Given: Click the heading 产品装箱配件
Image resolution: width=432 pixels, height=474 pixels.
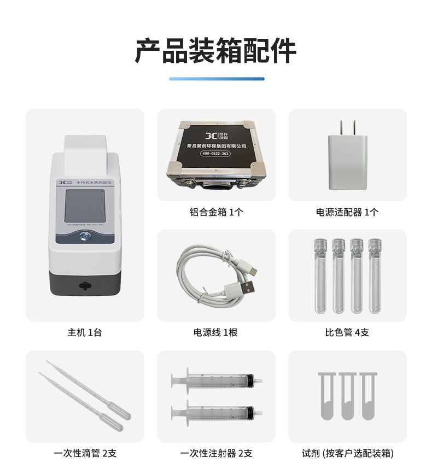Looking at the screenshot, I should tap(216, 51).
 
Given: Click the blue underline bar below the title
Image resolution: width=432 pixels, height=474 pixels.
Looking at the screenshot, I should tap(216, 79).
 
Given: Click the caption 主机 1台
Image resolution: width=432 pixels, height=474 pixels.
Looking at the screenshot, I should tap(85, 332).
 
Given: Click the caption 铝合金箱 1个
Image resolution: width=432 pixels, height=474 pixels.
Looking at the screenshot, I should tap(216, 212).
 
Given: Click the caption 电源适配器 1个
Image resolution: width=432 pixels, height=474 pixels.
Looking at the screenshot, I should tap(347, 212).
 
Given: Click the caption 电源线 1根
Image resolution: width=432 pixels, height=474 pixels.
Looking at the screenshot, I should tap(216, 332).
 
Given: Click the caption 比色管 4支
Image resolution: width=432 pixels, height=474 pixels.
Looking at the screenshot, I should tap(347, 332).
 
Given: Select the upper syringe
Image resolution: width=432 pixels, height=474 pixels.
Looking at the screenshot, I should tap(216, 379).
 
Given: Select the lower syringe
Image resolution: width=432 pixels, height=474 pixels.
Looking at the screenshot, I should tap(216, 411).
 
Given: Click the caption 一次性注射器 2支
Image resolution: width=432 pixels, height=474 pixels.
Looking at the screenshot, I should tap(216, 453).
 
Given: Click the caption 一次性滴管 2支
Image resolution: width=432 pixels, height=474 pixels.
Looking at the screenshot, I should tap(85, 453).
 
